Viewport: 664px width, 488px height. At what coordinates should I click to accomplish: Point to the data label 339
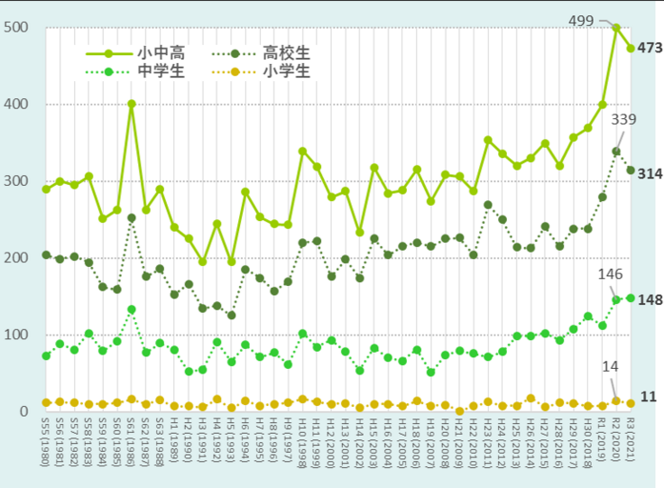click(x=624, y=119)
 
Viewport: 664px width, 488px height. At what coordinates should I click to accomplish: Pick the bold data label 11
click(x=648, y=397)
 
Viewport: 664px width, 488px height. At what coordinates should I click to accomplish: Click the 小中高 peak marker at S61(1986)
click(x=132, y=104)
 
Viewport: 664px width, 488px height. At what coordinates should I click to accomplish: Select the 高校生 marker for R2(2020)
click(x=616, y=152)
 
